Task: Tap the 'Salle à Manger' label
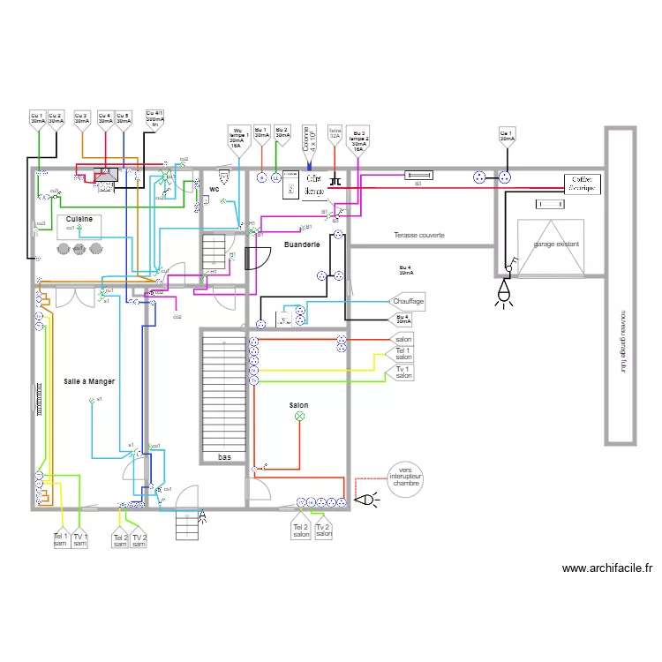tap(89, 381)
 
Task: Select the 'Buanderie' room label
tap(302, 244)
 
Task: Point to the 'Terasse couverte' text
tap(419, 236)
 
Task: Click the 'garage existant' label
tap(556, 244)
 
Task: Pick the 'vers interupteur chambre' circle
tap(405, 478)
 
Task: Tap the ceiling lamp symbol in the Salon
tap(299, 416)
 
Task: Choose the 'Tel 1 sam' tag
tap(60, 538)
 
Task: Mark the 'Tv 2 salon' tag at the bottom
tap(324, 530)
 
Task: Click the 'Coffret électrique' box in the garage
tap(582, 184)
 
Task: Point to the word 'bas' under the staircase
tap(225, 457)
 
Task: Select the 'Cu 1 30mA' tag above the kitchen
tap(36, 118)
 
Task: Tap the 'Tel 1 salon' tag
tap(403, 354)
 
